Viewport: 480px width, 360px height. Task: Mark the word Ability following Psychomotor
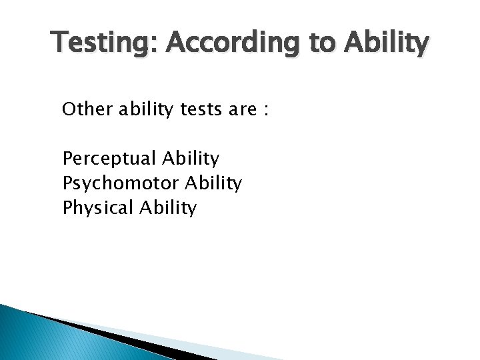(215, 183)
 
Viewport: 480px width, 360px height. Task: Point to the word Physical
(99, 208)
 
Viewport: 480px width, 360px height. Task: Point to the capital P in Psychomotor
(67, 183)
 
